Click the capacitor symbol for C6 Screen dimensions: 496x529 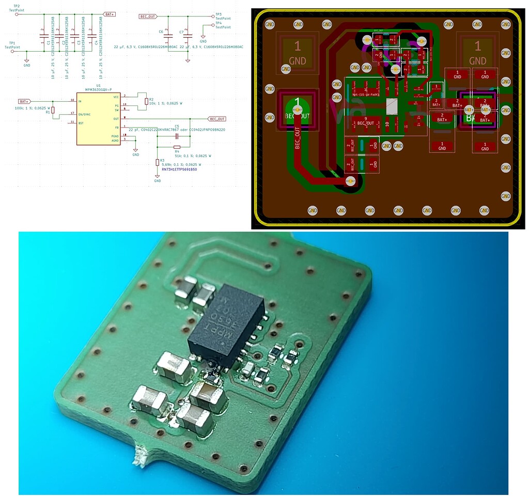pyautogui.click(x=167, y=36)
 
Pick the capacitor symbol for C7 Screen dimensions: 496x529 pyautogui.click(x=188, y=36)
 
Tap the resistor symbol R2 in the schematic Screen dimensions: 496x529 pyautogui.click(x=146, y=101)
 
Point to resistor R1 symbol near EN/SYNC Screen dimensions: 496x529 pyautogui.click(x=53, y=111)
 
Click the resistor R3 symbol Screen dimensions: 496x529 pyautogui.click(x=157, y=162)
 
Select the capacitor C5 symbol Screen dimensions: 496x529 pyautogui.click(x=177, y=136)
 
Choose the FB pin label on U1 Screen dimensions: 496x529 pyautogui.click(x=116, y=127)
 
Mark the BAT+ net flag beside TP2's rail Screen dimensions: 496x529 pyautogui.click(x=110, y=14)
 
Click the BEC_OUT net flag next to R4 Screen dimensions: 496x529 pyautogui.click(x=216, y=119)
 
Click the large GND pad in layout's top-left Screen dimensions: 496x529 pyautogui.click(x=297, y=54)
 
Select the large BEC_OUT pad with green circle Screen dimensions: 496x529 pyautogui.click(x=298, y=109)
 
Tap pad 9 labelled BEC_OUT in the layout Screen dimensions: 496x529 pyautogui.click(x=365, y=122)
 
